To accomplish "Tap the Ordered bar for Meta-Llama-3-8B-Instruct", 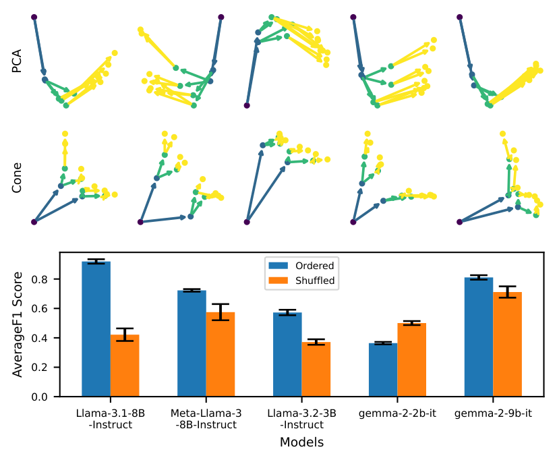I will (192, 343).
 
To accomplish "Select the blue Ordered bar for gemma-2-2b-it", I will (383, 370).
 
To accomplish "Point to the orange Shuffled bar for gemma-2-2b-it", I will (412, 360).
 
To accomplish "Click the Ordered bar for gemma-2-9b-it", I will (479, 337).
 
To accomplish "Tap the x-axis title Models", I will (301, 442).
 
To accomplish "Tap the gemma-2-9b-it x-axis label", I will (493, 413).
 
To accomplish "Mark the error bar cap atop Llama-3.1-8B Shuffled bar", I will (125, 328).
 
